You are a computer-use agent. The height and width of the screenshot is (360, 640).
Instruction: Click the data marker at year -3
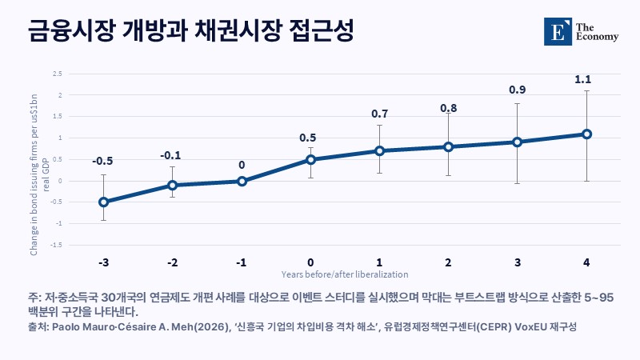click(x=104, y=202)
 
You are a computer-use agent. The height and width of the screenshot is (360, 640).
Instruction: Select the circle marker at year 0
click(x=310, y=159)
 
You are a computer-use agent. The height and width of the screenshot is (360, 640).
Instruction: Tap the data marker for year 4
click(x=587, y=134)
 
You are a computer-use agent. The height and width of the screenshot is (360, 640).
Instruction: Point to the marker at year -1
click(x=242, y=181)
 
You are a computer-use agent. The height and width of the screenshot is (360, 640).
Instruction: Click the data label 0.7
click(x=379, y=114)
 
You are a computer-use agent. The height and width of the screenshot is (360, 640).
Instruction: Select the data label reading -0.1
click(x=170, y=155)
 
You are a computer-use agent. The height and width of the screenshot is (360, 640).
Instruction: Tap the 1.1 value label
click(x=583, y=79)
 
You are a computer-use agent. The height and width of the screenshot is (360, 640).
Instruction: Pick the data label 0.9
click(x=517, y=90)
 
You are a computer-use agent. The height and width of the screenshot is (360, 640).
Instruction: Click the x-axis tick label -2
click(x=173, y=262)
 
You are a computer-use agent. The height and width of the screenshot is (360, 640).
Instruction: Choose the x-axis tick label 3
click(x=518, y=262)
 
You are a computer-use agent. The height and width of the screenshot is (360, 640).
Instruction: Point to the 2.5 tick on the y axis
click(x=58, y=74)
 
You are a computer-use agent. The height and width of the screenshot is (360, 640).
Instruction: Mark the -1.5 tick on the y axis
click(x=56, y=245)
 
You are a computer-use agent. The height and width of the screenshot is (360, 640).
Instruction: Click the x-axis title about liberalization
click(x=345, y=274)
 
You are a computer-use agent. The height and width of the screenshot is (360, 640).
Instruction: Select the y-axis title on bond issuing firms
click(x=39, y=174)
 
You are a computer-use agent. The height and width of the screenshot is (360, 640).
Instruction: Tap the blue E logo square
click(x=558, y=31)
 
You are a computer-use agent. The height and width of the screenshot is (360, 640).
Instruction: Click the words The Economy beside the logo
click(x=597, y=32)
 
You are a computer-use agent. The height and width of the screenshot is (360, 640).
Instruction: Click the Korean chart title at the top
click(x=190, y=30)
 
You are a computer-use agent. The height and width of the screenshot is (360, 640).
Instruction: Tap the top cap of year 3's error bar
click(x=517, y=104)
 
